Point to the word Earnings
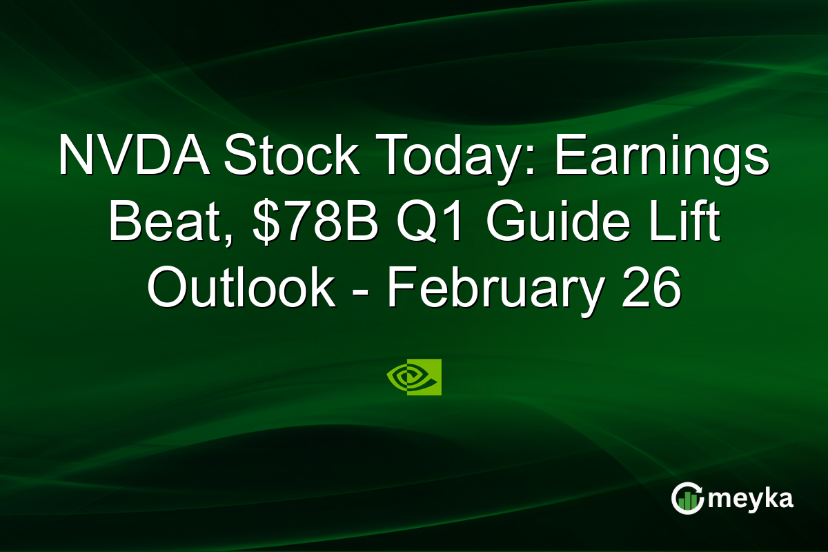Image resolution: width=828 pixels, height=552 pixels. pos(662,158)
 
